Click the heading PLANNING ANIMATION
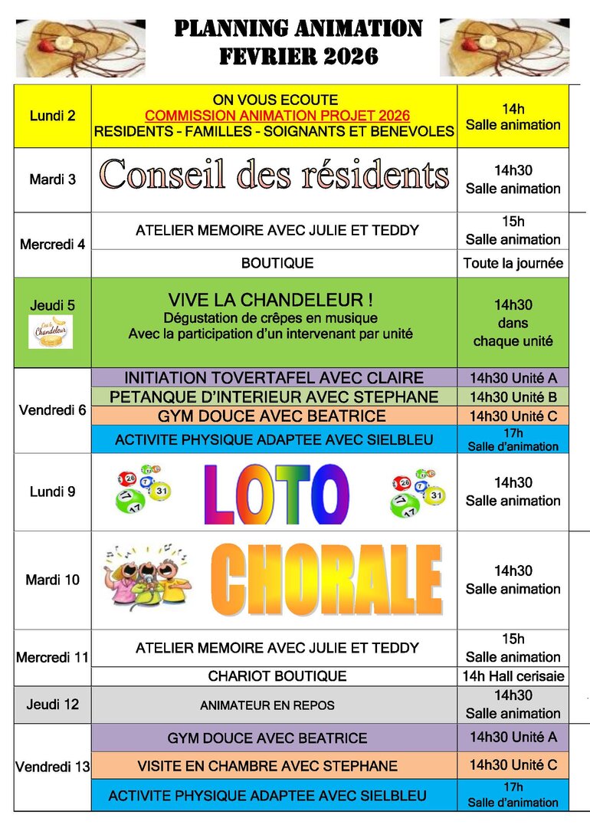[298, 29]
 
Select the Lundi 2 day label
[53, 117]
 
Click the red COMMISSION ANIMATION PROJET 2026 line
[277, 116]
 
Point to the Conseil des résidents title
[274, 175]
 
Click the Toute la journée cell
[513, 264]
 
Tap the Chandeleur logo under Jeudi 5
[51, 332]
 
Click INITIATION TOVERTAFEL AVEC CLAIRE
[274, 378]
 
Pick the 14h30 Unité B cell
[513, 397]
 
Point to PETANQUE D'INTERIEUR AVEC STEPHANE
[274, 397]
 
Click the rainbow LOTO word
[277, 492]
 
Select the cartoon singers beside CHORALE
[148, 577]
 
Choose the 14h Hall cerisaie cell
[513, 676]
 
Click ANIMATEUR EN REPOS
[267, 705]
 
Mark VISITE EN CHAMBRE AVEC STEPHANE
[267, 766]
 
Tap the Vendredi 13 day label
[53, 767]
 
